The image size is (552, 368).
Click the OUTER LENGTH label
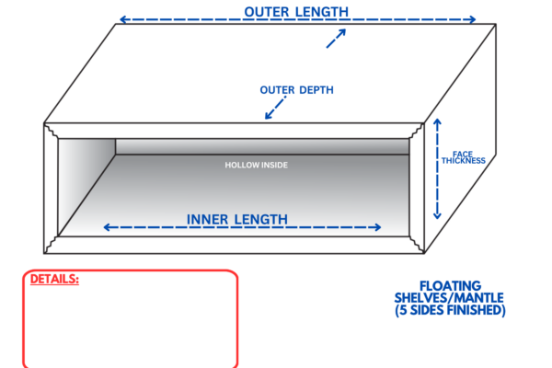click(296, 11)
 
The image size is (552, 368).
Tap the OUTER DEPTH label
click(296, 90)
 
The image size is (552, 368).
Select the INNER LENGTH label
click(237, 219)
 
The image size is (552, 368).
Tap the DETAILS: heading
click(54, 278)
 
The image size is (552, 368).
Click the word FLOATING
click(450, 286)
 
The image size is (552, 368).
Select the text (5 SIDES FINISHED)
click(450, 310)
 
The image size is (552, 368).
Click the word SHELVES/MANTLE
click(450, 298)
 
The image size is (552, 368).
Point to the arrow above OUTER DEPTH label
click(336, 39)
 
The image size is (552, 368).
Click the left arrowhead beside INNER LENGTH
click(107, 227)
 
